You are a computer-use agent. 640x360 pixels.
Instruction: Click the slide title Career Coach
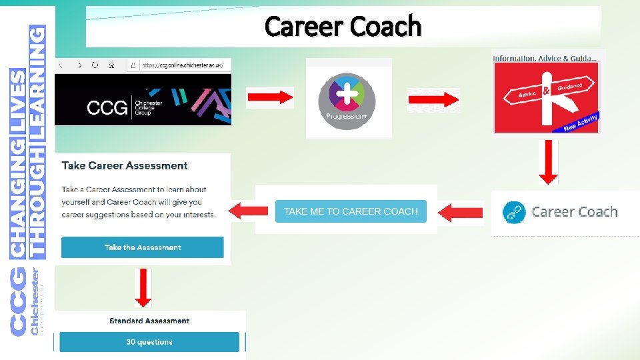pyautogui.click(x=343, y=27)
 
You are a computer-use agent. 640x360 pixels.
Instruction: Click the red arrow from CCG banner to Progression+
pyautogui.click(x=269, y=97)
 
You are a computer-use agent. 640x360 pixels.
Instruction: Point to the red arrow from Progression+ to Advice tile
pyautogui.click(x=433, y=100)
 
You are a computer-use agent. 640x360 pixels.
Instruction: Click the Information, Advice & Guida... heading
pyautogui.click(x=545, y=58)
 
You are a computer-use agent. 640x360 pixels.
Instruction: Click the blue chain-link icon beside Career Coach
pyautogui.click(x=514, y=213)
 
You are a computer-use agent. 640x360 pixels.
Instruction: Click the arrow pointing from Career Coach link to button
pyautogui.click(x=461, y=213)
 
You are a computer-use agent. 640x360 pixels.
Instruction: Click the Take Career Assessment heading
pyautogui.click(x=125, y=165)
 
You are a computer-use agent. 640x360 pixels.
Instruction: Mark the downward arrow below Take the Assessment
pyautogui.click(x=143, y=287)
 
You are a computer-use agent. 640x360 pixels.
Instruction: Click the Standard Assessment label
pyautogui.click(x=149, y=321)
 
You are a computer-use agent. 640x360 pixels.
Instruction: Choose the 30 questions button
pyautogui.click(x=149, y=342)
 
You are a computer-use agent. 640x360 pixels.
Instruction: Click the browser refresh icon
pyautogui.click(x=95, y=65)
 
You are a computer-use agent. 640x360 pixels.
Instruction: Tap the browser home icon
pyautogui.click(x=112, y=65)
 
